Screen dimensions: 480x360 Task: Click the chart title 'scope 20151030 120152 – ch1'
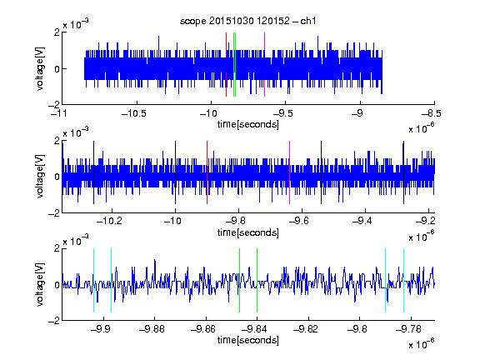pos(248,21)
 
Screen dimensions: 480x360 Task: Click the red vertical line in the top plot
pos(226,65)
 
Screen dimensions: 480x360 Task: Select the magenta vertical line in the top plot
pos(264,65)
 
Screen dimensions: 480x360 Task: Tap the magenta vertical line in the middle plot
pos(290,172)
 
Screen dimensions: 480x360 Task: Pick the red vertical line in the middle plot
pos(207,172)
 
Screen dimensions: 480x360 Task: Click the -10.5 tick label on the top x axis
pos(134,113)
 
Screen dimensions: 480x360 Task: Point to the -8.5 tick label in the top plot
pos(431,113)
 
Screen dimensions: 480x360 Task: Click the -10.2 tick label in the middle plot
pos(109,221)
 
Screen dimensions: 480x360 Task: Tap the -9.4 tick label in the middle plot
pos(362,221)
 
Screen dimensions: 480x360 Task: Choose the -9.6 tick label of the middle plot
pos(299,221)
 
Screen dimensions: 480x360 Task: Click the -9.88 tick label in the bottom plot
pos(152,329)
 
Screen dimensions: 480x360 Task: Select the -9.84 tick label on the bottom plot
pos(254,329)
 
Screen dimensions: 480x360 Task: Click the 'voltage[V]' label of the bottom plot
pos(40,284)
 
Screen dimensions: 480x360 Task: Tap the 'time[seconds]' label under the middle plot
pos(248,232)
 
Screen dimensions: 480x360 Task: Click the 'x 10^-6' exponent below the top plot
pos(422,128)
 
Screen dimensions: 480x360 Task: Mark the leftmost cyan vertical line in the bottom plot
pos(93,280)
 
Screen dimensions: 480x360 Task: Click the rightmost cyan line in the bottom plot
pos(403,280)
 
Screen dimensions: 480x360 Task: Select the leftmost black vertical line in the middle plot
pos(93,172)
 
